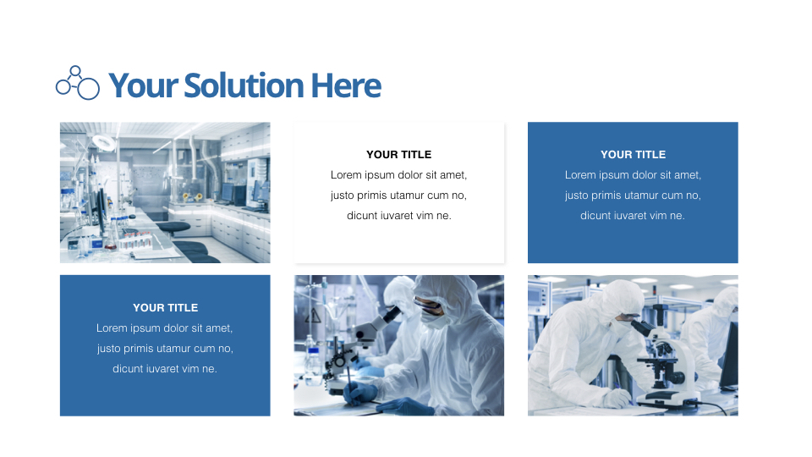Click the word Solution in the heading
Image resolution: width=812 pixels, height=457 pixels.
[243, 86]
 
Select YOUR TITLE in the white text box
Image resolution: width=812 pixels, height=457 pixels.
[398, 155]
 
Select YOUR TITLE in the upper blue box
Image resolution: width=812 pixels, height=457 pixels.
[633, 155]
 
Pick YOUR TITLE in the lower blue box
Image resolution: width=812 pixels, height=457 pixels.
[165, 308]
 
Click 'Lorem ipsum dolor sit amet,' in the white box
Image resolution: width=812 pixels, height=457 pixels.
[398, 175]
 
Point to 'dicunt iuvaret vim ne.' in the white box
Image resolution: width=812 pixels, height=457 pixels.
[398, 216]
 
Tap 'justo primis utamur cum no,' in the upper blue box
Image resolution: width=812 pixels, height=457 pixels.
[633, 195]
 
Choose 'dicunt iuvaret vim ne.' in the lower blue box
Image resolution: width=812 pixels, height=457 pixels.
[165, 369]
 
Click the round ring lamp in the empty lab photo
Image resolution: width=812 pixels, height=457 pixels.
[104, 142]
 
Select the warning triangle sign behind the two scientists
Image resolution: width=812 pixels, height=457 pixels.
[314, 315]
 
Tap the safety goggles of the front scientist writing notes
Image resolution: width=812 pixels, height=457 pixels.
[431, 303]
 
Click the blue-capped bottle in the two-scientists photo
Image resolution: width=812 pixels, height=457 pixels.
[310, 349]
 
